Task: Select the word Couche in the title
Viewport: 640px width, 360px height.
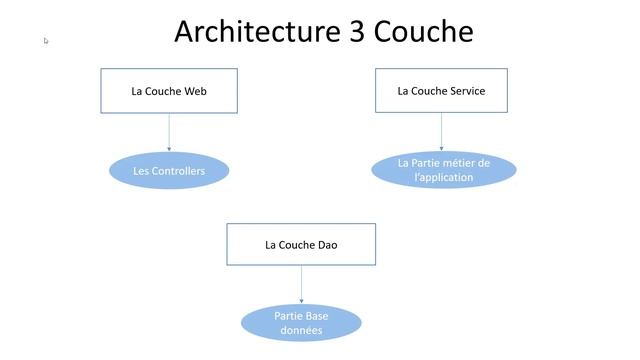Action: (x=423, y=32)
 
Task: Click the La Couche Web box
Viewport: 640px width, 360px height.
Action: (x=169, y=91)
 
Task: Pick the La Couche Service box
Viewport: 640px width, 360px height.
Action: (x=441, y=90)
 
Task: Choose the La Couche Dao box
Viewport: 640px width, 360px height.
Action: (x=301, y=244)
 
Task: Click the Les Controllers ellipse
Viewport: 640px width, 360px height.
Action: (x=169, y=171)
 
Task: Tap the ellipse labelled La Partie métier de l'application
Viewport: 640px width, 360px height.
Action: (x=443, y=170)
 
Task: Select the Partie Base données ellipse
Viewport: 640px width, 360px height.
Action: (x=301, y=323)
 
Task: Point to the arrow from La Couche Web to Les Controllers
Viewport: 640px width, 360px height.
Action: (x=169, y=132)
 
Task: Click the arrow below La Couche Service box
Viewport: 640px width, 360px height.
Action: (x=442, y=132)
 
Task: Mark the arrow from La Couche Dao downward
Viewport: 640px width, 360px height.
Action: (x=301, y=286)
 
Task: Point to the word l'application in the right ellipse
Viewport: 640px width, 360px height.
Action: (x=443, y=178)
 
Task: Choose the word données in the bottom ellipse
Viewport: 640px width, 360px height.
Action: (x=301, y=330)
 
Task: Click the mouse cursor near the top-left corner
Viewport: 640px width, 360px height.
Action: (x=46, y=40)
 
